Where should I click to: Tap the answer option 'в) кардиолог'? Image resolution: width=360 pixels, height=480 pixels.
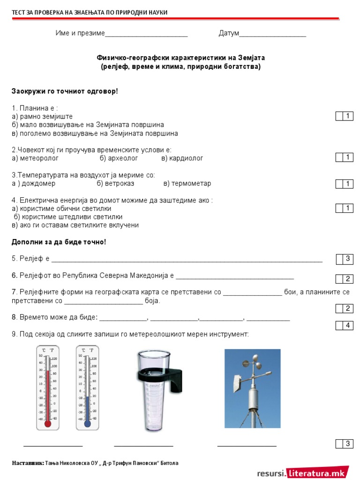(x=182, y=158)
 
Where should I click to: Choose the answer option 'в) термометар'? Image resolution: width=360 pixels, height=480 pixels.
(x=187, y=183)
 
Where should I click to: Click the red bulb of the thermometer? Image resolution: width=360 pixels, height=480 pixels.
(x=47, y=423)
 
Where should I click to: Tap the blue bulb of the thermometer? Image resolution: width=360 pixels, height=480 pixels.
(x=87, y=423)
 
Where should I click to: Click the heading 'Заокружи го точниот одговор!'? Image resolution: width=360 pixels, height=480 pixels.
(x=65, y=90)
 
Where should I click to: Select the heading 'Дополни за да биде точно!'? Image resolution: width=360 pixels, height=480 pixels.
(x=59, y=242)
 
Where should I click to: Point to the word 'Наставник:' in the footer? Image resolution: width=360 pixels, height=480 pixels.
(x=28, y=463)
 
